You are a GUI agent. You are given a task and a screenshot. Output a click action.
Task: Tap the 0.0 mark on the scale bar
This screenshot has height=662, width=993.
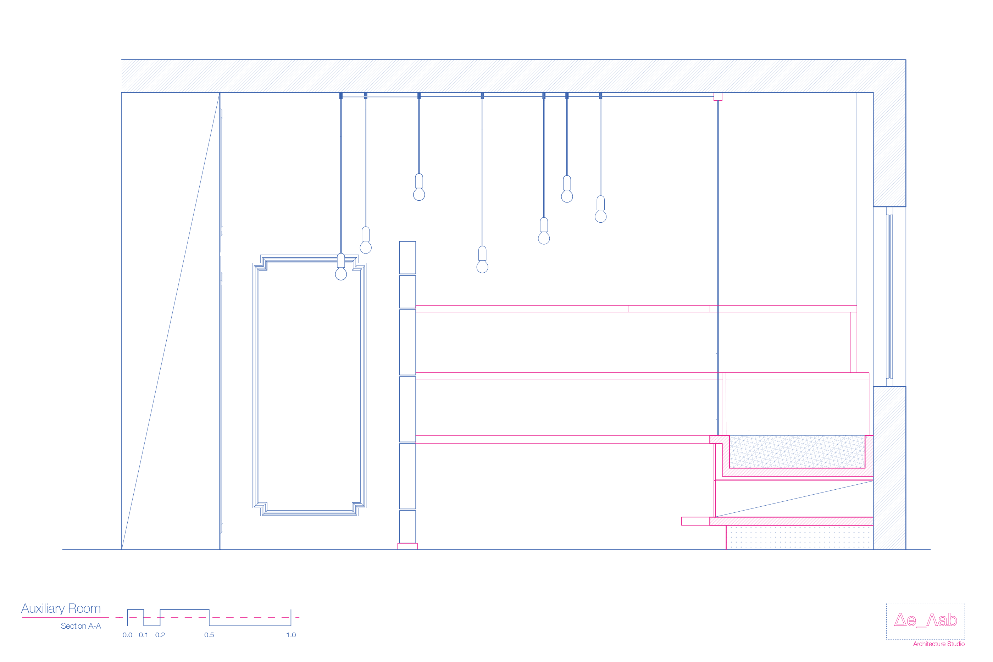point(127,635)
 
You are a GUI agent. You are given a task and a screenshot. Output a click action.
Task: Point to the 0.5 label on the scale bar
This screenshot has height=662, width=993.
point(209,635)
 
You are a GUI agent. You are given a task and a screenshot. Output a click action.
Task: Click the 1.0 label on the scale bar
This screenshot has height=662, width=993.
point(291,635)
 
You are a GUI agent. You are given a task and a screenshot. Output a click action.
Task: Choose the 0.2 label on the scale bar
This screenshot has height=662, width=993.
point(160,635)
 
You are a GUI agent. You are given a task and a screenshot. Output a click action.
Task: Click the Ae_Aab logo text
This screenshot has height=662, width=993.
point(926,620)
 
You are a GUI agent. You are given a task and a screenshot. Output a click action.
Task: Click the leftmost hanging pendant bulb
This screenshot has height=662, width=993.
point(341,273)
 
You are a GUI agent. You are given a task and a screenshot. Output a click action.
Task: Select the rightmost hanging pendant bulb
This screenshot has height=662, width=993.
point(600,216)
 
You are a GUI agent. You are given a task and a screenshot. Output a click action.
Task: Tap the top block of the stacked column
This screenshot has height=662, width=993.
point(407,257)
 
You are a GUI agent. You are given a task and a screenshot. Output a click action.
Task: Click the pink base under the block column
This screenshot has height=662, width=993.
point(407,546)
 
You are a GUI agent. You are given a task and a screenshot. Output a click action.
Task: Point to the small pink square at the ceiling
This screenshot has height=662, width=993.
point(718,97)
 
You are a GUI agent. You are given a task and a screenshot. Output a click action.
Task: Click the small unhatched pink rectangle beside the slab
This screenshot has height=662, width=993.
point(695,521)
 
